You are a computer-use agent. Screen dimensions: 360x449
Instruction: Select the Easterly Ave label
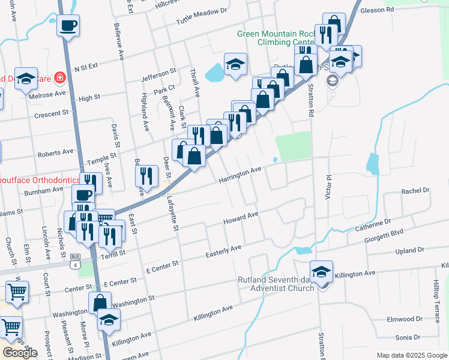pos(223,247)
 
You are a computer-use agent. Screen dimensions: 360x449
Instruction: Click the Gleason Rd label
pos(378,10)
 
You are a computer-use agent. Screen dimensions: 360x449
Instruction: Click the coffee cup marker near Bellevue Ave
pos(68,26)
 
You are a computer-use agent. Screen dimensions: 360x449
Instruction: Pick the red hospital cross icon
pos(59,77)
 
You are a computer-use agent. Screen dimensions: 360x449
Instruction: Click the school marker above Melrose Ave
pos(26,79)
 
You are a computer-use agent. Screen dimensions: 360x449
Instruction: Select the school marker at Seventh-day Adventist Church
pos(322,272)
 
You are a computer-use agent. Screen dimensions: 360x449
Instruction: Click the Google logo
pos(20,353)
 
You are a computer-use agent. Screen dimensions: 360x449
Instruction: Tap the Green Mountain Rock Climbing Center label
pos(276,38)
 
